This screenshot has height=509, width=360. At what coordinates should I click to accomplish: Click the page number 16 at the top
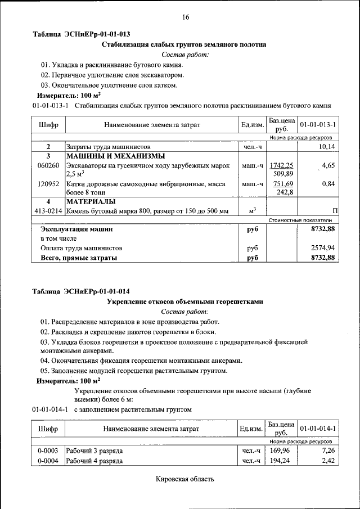[x=185, y=17]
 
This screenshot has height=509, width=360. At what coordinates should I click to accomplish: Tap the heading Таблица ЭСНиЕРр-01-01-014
[x=81, y=291]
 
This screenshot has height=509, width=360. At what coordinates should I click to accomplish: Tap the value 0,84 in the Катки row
[x=328, y=183]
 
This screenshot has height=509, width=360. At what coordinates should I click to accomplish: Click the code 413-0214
[x=48, y=211]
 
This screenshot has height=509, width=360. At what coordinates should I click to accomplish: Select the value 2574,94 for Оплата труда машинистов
[x=323, y=247]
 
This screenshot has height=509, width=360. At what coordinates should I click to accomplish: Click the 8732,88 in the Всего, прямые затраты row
[x=323, y=258]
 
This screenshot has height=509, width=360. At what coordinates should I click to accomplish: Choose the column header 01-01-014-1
[x=318, y=429]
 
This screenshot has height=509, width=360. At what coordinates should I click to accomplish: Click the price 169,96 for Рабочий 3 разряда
[x=280, y=451]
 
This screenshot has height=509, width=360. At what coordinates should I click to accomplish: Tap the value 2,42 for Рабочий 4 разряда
[x=328, y=461]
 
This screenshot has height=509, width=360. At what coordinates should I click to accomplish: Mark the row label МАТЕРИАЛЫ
[x=91, y=201]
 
